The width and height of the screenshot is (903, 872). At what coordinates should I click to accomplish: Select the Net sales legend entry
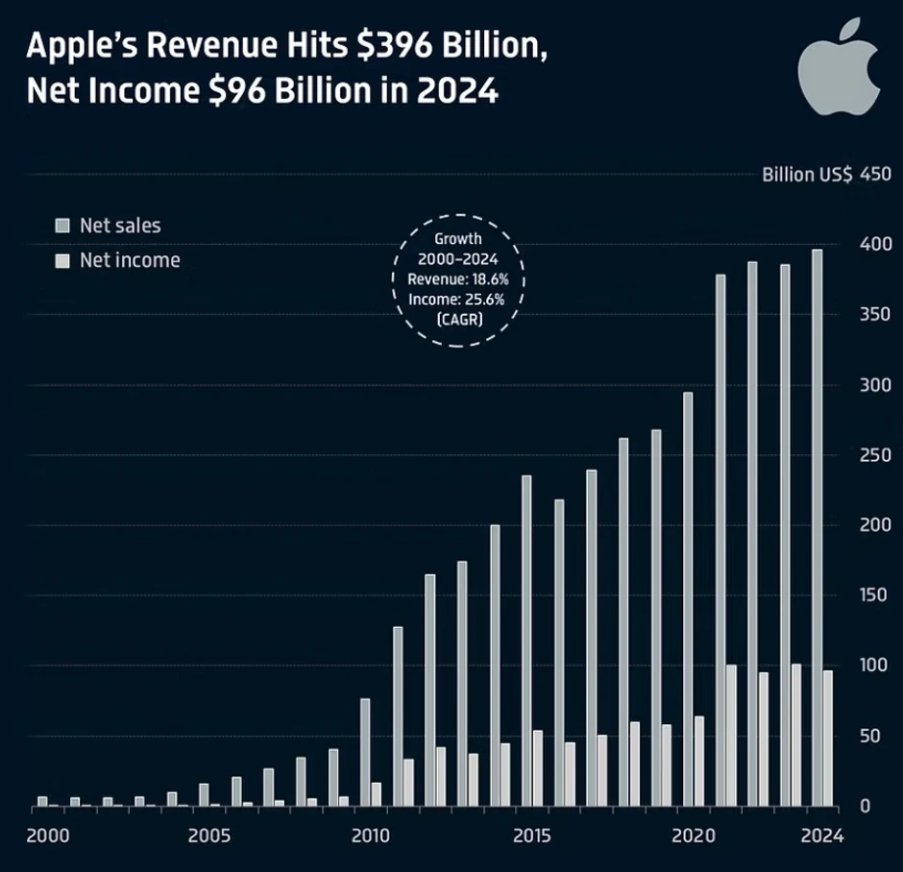108,227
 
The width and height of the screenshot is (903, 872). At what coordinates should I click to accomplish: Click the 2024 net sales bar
817,527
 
